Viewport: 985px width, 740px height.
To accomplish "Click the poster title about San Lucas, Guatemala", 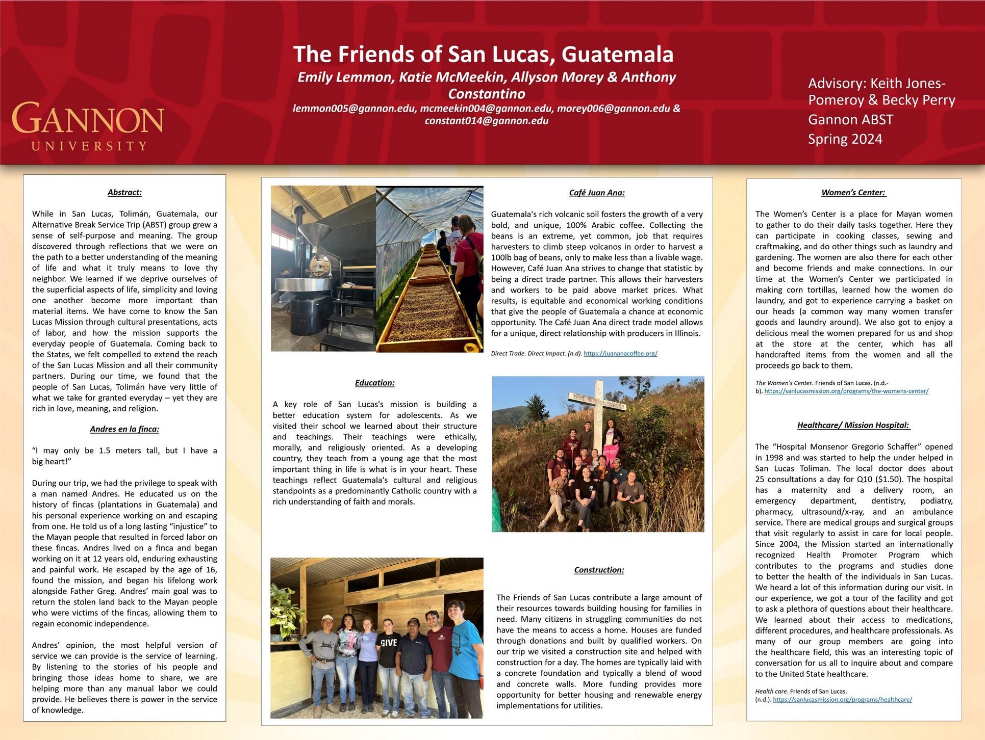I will point(483,55).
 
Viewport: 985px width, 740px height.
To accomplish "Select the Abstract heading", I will point(124,192).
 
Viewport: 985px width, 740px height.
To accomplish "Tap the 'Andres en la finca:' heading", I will point(124,429).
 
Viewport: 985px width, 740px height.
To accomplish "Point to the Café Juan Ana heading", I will point(597,193).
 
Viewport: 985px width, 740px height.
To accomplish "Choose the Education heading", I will point(374,383).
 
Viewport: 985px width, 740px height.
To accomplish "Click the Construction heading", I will point(599,570).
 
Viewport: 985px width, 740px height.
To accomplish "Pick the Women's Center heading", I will point(853,193).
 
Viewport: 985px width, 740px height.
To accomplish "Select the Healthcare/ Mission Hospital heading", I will point(853,425).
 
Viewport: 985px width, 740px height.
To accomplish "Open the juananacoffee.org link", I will point(620,353).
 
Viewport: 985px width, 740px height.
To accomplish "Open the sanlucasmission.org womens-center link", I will point(846,391).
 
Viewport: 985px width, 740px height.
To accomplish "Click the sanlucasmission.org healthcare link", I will point(842,700).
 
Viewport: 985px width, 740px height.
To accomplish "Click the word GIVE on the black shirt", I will point(389,643).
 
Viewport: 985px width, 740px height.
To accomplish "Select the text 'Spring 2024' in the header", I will point(845,139).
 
